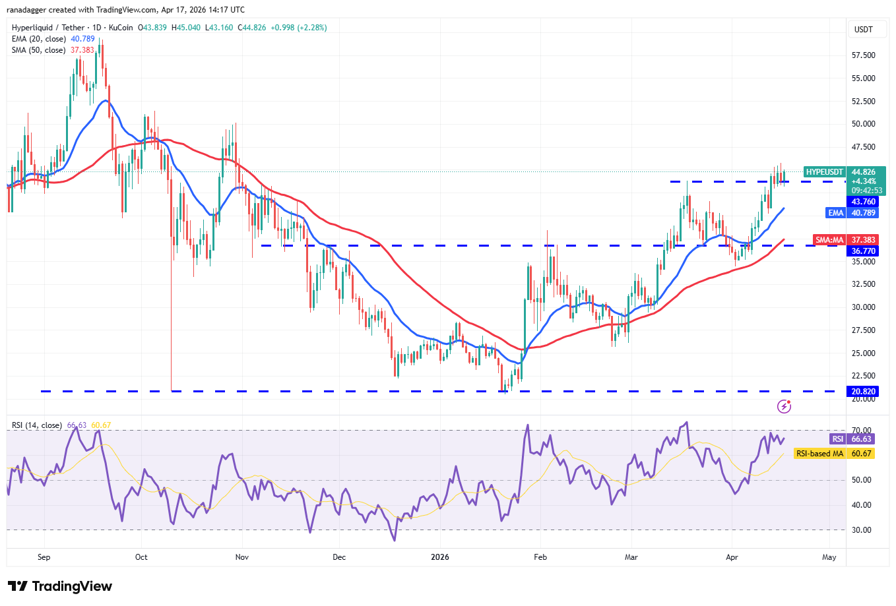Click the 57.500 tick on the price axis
click(x=863, y=55)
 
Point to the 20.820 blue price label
click(x=863, y=392)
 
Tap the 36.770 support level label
click(x=863, y=251)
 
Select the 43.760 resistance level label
click(x=863, y=202)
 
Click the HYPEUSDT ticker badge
click(x=824, y=172)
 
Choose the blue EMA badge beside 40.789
click(x=835, y=213)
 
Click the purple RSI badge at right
click(x=837, y=439)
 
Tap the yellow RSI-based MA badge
click(x=819, y=454)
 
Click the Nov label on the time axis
click(x=242, y=557)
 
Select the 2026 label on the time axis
click(x=439, y=557)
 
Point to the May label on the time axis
click(x=829, y=557)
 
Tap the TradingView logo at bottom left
click(x=60, y=586)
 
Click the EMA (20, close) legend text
click(x=39, y=39)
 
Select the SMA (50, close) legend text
click(x=39, y=50)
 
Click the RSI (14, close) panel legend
click(x=37, y=425)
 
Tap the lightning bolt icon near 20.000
click(x=784, y=406)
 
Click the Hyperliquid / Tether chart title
click(x=48, y=28)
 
